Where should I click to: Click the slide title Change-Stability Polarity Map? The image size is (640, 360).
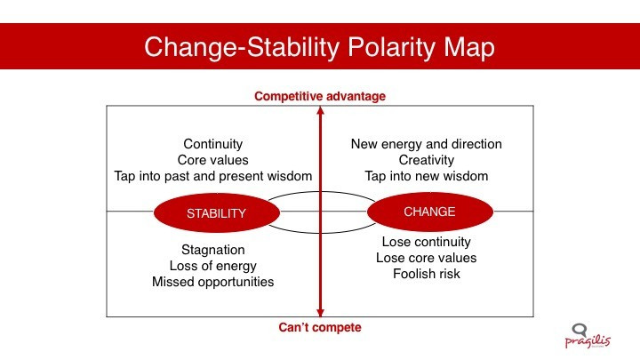pyautogui.click(x=320, y=47)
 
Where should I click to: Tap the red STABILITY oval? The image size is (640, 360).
pyautogui.click(x=217, y=212)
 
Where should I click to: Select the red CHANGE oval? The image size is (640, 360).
pyautogui.click(x=430, y=212)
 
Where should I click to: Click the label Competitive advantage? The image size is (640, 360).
pyautogui.click(x=320, y=96)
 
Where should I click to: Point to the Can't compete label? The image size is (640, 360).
pyautogui.click(x=320, y=327)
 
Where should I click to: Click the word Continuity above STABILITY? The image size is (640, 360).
pyautogui.click(x=213, y=144)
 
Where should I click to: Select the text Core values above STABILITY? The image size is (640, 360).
pyautogui.click(x=213, y=160)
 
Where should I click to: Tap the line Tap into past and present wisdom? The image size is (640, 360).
pyautogui.click(x=213, y=176)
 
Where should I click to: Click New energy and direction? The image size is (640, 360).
pyautogui.click(x=427, y=144)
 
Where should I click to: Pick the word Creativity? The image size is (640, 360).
pyautogui.click(x=427, y=160)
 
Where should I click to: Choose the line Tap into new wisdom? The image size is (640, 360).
pyautogui.click(x=427, y=176)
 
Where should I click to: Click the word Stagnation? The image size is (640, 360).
pyautogui.click(x=213, y=250)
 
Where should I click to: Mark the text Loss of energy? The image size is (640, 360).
pyautogui.click(x=213, y=266)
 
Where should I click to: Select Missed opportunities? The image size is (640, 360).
pyautogui.click(x=213, y=282)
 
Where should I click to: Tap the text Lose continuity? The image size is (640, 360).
pyautogui.click(x=427, y=242)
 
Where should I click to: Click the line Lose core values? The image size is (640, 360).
pyautogui.click(x=427, y=258)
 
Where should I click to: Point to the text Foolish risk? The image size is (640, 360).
pyautogui.click(x=427, y=274)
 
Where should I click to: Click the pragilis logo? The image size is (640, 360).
pyautogui.click(x=588, y=336)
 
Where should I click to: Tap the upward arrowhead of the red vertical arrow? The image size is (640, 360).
pyautogui.click(x=320, y=110)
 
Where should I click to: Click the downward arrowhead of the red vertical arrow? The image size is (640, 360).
pyautogui.click(x=320, y=313)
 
